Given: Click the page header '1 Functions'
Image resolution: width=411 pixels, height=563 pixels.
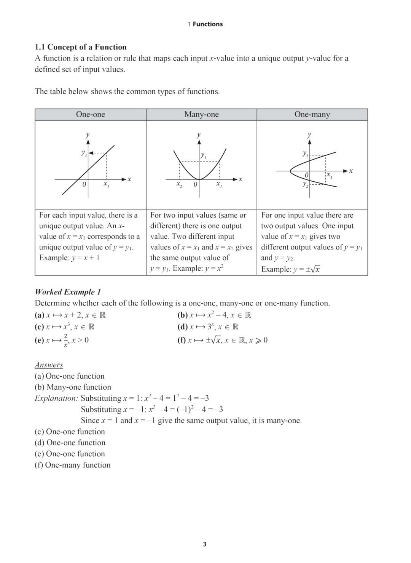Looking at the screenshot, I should pyautogui.click(x=205, y=24).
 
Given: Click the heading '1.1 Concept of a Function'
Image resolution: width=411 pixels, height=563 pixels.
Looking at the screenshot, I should pyautogui.click(x=81, y=47).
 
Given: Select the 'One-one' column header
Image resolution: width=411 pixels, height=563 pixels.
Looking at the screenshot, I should pyautogui.click(x=90, y=114).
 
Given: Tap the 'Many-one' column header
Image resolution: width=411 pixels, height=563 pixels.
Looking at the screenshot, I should pyautogui.click(x=201, y=114).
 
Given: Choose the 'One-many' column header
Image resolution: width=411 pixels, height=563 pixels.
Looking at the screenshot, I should pyautogui.click(x=312, y=114).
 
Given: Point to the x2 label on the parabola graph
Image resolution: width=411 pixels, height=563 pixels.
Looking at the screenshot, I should pyautogui.click(x=179, y=184).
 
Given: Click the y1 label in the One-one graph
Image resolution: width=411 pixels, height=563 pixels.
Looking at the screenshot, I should pyautogui.click(x=84, y=153).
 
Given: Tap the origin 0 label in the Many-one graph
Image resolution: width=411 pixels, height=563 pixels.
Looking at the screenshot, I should pyautogui.click(x=195, y=184).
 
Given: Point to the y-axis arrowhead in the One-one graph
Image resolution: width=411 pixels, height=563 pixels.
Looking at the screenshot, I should pyautogui.click(x=88, y=142).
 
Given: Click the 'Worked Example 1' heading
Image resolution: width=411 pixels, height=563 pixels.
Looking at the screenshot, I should pyautogui.click(x=68, y=292).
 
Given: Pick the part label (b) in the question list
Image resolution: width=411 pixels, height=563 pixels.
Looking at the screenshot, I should pyautogui.click(x=182, y=315).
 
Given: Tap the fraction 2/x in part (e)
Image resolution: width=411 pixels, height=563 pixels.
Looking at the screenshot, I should pyautogui.click(x=66, y=340).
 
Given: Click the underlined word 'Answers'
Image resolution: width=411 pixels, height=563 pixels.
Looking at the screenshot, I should pyautogui.click(x=49, y=365).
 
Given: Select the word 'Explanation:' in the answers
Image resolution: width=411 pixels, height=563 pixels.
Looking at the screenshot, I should pyautogui.click(x=56, y=398).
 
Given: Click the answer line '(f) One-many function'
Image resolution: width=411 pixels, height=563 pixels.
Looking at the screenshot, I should pyautogui.click(x=73, y=465).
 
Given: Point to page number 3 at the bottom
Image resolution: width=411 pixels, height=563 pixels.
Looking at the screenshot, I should pyautogui.click(x=205, y=544).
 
